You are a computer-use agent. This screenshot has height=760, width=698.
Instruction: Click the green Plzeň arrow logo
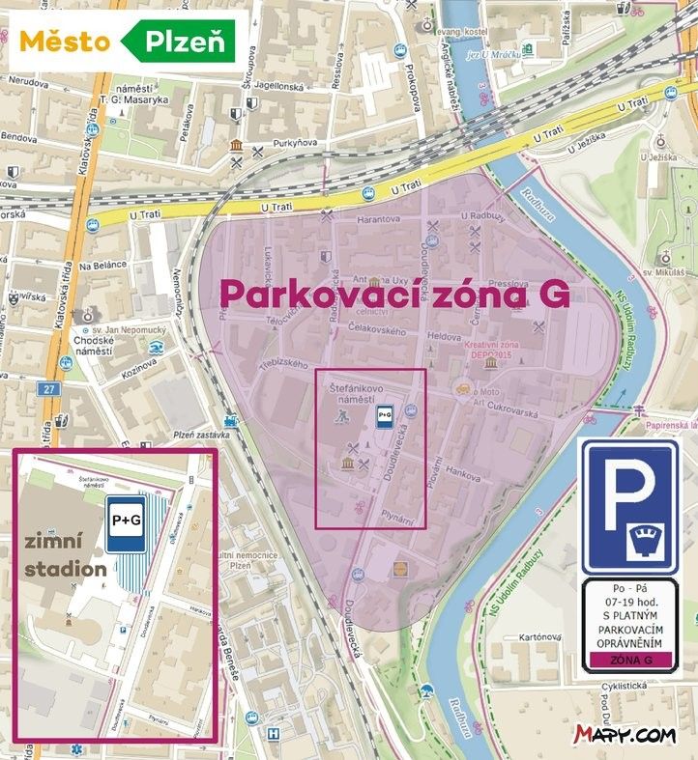point(180,42)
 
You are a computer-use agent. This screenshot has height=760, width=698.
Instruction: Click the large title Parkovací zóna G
point(394,293)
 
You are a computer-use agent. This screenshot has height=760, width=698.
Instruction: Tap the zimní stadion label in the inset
point(66,556)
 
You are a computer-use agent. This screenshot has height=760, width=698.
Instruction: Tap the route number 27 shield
point(50,387)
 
